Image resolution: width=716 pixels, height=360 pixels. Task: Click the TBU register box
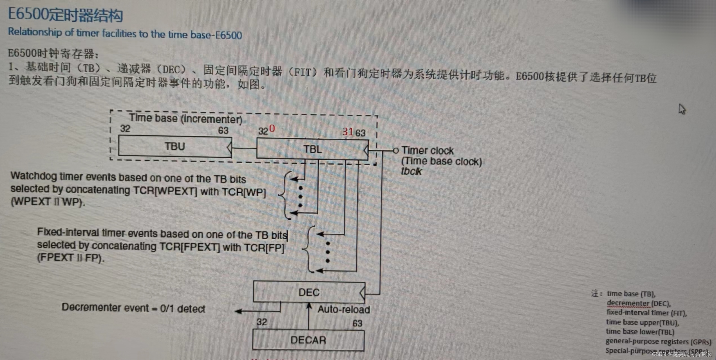[x=175, y=146]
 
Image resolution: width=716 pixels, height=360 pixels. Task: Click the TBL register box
[x=312, y=149]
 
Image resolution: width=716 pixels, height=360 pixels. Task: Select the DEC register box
[x=309, y=292]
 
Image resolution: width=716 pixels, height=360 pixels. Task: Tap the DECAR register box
[x=308, y=340]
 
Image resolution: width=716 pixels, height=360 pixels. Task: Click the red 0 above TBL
[x=272, y=129]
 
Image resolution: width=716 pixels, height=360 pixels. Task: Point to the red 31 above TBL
[x=348, y=132]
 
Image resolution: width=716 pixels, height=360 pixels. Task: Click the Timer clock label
[x=428, y=151]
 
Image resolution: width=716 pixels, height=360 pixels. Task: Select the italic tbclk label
[x=411, y=171]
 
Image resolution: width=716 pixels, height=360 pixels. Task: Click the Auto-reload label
[x=344, y=309]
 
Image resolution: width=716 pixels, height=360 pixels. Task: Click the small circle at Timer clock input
[x=396, y=151]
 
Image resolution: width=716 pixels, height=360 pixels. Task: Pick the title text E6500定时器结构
[x=65, y=15]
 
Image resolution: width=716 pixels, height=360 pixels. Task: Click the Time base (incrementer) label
[x=185, y=119]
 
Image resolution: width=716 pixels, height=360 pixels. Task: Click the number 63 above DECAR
[x=357, y=323]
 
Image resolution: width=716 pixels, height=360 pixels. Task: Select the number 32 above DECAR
[x=261, y=322]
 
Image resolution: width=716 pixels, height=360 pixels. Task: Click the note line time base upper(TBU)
[x=643, y=322]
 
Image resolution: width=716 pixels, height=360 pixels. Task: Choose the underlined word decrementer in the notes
[x=628, y=303]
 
